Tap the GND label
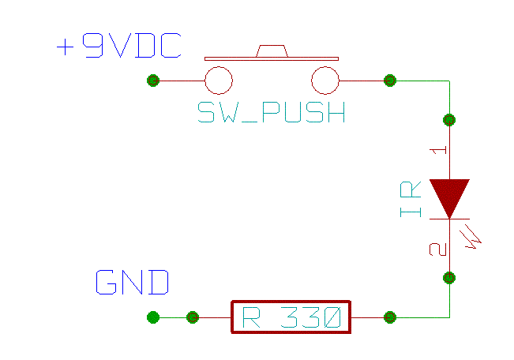click(x=133, y=283)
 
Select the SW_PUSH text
click(x=271, y=113)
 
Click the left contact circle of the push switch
click(x=219, y=81)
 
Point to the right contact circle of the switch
click(x=325, y=81)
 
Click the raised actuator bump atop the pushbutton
click(x=271, y=51)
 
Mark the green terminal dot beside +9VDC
click(x=153, y=81)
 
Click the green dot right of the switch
click(x=389, y=81)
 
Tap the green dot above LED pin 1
click(x=449, y=120)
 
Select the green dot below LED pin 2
click(x=449, y=277)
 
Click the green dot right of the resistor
click(x=389, y=317)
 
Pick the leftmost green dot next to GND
click(x=153, y=317)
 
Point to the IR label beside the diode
click(x=411, y=200)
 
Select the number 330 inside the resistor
click(x=312, y=318)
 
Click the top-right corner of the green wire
click(x=449, y=81)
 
